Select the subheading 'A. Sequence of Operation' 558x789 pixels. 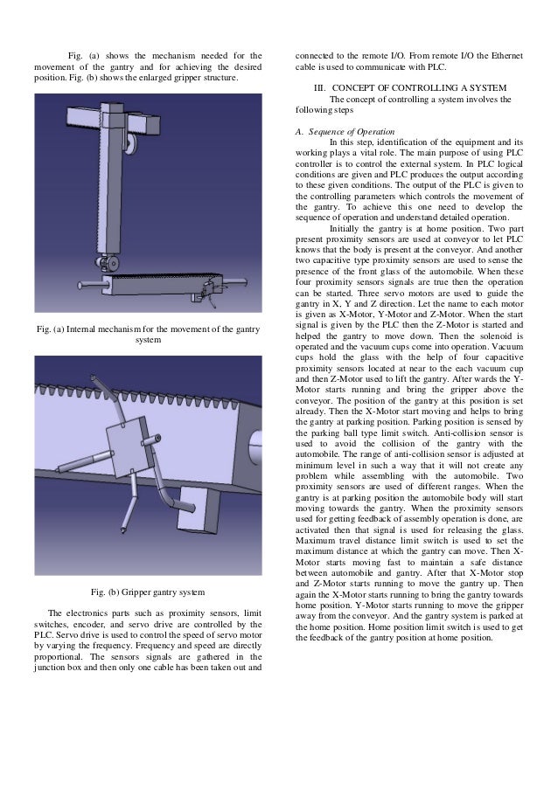[339, 131]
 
